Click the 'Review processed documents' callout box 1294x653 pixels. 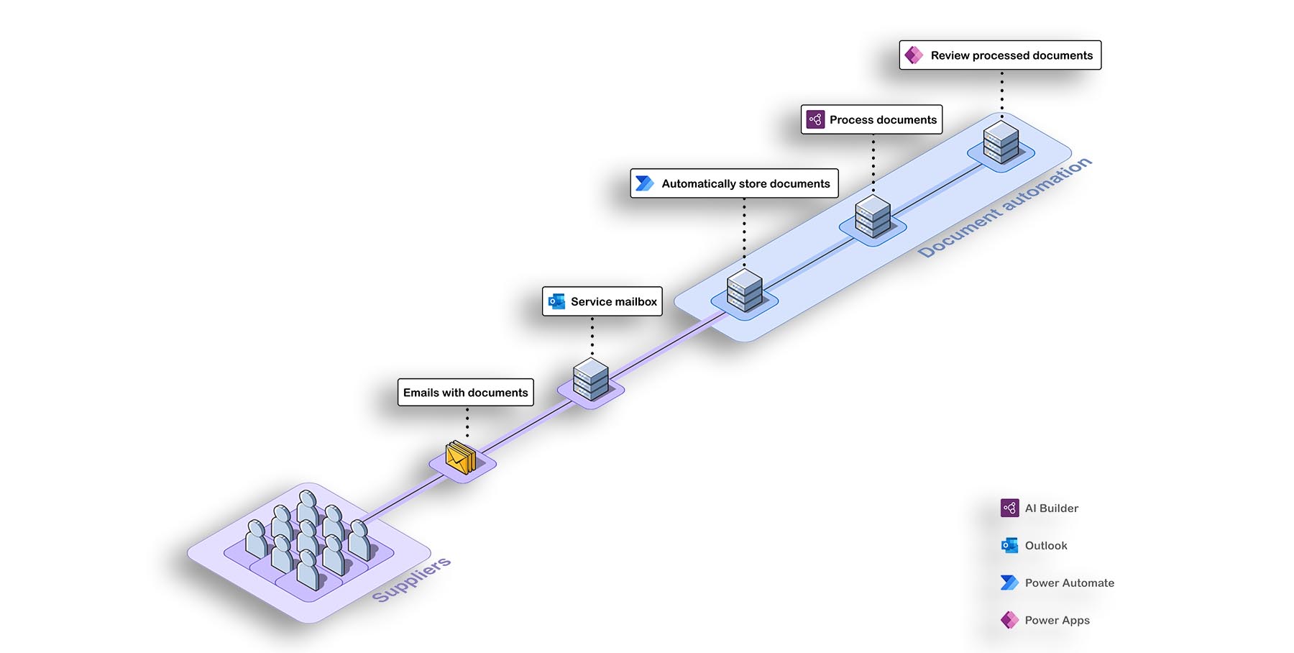[x=1000, y=55]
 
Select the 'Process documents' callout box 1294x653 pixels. [x=871, y=119]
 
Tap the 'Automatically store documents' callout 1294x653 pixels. [x=734, y=183]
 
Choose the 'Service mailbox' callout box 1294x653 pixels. [x=602, y=301]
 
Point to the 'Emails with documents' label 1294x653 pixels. [x=466, y=393]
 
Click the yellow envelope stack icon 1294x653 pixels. [x=461, y=457]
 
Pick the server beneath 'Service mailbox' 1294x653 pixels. [x=591, y=379]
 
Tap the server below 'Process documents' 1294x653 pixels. [x=873, y=216]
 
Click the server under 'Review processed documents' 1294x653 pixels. [x=1001, y=142]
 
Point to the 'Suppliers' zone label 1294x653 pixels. [x=411, y=580]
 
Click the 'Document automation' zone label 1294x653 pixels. [x=1004, y=208]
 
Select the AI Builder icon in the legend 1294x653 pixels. [x=1009, y=508]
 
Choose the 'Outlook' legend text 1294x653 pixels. [x=1046, y=546]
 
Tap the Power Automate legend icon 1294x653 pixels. [x=1009, y=583]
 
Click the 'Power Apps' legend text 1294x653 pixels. [x=1057, y=621]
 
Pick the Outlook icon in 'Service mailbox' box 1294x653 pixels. [x=556, y=301]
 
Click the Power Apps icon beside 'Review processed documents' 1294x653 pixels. [x=914, y=55]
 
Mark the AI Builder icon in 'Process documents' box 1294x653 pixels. [x=815, y=119]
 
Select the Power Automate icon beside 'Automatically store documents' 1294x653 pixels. [x=645, y=183]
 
